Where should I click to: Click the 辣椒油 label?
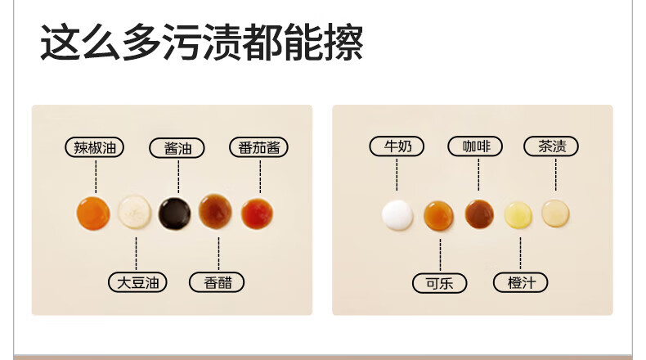(94, 147)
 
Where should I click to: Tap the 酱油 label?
(177, 148)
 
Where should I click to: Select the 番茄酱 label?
(258, 147)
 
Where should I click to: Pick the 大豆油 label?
(137, 282)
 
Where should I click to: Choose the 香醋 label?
(217, 282)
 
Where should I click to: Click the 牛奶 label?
(397, 146)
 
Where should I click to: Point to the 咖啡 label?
(475, 146)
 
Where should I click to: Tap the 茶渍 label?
(551, 146)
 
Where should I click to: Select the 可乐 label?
(440, 283)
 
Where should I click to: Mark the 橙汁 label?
(521, 282)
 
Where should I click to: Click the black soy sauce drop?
(175, 214)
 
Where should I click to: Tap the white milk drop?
(397, 215)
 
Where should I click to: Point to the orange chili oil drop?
(93, 213)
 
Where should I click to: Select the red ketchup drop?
(257, 214)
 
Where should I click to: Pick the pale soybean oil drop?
(134, 212)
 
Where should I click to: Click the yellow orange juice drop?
(518, 215)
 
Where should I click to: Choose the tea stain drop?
(556, 214)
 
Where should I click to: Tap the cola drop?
(439, 215)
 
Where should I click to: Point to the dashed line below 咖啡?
(478, 175)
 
